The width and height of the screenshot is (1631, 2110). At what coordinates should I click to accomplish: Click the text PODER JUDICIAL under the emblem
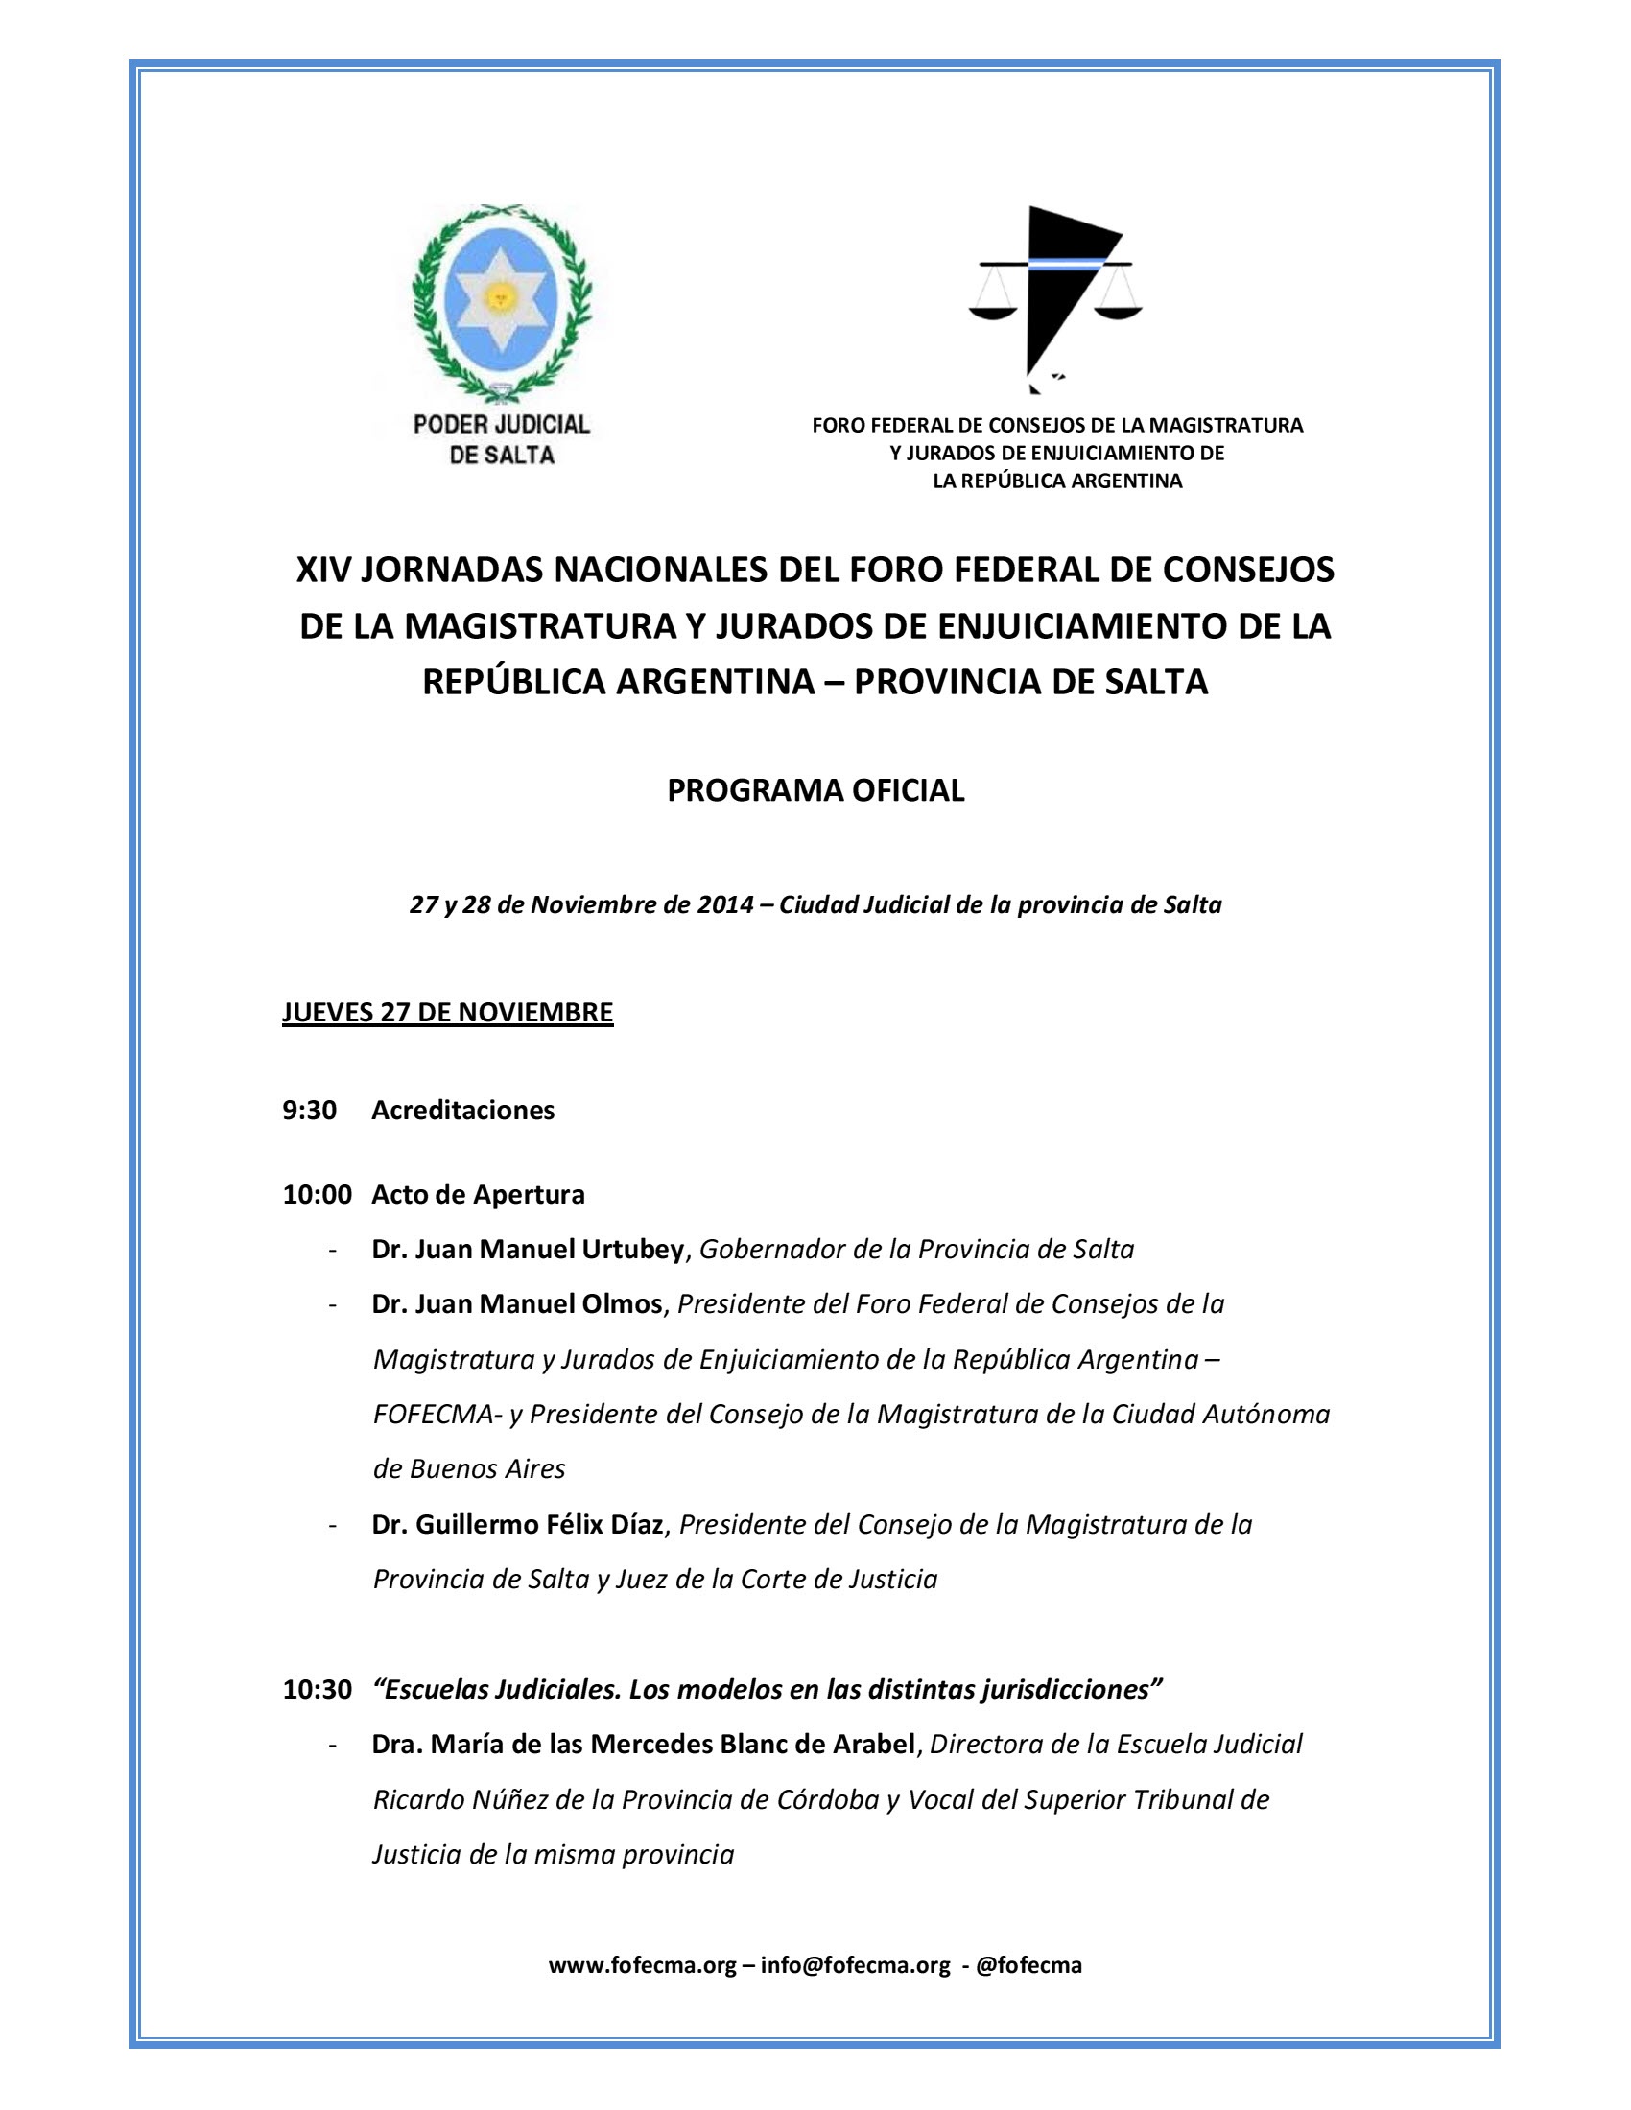(501, 424)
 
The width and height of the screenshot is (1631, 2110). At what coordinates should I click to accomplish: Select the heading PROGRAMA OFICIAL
(815, 790)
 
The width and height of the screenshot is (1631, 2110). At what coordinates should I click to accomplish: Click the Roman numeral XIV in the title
(323, 570)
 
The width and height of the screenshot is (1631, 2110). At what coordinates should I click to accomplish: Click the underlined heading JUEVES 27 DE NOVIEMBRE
(447, 1013)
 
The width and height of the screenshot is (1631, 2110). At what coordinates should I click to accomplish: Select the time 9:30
(309, 1110)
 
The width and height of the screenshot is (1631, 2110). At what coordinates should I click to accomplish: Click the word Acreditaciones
(462, 1110)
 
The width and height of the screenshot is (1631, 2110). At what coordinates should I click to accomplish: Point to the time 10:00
(317, 1194)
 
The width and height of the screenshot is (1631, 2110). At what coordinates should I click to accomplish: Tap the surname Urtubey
(632, 1249)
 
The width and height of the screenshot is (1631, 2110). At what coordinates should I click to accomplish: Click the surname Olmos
(622, 1304)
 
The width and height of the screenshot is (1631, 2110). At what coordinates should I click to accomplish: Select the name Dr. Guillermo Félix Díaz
(518, 1525)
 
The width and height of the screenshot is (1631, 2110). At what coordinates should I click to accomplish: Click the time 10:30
(317, 1690)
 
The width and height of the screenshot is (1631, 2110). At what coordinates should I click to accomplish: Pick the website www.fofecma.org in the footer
(643, 1965)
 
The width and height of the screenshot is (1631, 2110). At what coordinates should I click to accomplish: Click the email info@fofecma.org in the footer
(855, 1965)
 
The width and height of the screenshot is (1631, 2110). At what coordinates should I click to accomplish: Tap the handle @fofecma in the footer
(1029, 1965)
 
